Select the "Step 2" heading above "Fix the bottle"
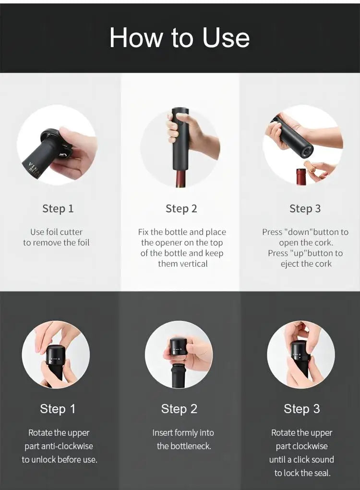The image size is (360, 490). click(x=181, y=209)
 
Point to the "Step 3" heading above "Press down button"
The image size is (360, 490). click(x=305, y=209)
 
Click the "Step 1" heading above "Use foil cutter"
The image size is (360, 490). click(x=58, y=209)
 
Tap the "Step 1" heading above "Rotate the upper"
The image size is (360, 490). click(x=58, y=409)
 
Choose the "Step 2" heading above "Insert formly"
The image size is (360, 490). click(x=179, y=409)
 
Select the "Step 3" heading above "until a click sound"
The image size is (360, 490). click(x=302, y=409)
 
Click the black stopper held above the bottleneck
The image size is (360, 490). click(x=179, y=347)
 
